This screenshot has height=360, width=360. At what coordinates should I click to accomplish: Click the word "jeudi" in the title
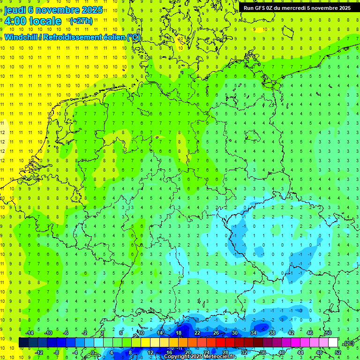point(15,10)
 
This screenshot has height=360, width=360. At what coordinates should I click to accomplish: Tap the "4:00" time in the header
point(15,21)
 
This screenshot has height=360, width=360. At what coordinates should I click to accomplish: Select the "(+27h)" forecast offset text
point(81,21)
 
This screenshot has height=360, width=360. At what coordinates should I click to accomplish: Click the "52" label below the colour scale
point(338,352)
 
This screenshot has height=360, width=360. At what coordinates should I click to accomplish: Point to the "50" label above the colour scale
point(329,333)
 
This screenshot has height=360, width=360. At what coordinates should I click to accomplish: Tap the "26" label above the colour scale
point(216,333)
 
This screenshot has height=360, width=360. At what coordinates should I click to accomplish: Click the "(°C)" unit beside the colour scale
point(349,343)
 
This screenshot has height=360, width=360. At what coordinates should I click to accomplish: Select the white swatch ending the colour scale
point(333,343)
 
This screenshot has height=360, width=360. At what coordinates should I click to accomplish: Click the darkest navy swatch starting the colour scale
point(23,343)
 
